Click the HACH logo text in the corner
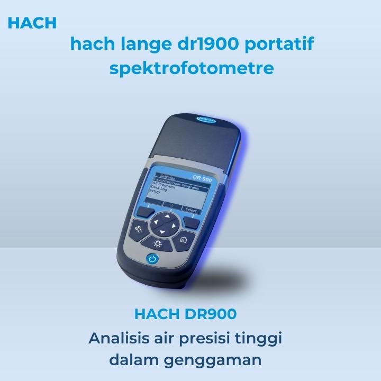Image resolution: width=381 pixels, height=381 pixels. pyautogui.click(x=32, y=23)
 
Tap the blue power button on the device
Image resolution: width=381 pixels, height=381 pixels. pyautogui.click(x=152, y=259)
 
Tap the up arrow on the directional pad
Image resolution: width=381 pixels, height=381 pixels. pyautogui.click(x=169, y=216)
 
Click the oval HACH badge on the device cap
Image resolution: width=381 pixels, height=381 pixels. pyautogui.click(x=207, y=120)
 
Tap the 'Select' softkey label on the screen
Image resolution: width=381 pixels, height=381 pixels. pyautogui.click(x=190, y=210)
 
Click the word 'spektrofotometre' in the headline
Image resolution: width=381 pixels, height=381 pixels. pyautogui.click(x=192, y=68)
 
